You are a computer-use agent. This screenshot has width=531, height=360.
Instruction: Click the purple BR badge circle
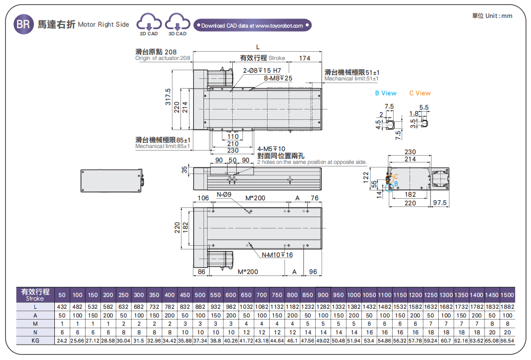pos(23,24)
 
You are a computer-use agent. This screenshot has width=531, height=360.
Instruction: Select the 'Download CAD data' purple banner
pos(252,25)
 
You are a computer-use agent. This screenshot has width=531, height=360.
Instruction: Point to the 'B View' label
pos(385,93)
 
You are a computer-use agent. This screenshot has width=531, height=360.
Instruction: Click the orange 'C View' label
pos(420,93)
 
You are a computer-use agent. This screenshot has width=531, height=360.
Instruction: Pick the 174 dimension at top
pos(304,58)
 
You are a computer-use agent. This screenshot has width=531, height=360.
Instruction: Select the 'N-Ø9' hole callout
pos(224,195)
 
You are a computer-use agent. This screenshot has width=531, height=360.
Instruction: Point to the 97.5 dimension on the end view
pos(440,203)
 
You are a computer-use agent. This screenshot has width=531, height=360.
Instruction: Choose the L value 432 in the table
pos(62,307)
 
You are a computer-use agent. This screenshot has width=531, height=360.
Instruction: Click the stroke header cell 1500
pos(506,295)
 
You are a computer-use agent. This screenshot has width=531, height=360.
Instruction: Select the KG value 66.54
pos(506,340)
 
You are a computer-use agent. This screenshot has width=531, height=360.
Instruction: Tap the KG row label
pos(35,340)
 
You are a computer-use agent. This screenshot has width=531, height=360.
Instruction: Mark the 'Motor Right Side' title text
pos(104,25)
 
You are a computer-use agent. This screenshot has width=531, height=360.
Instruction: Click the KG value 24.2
pos(62,340)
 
